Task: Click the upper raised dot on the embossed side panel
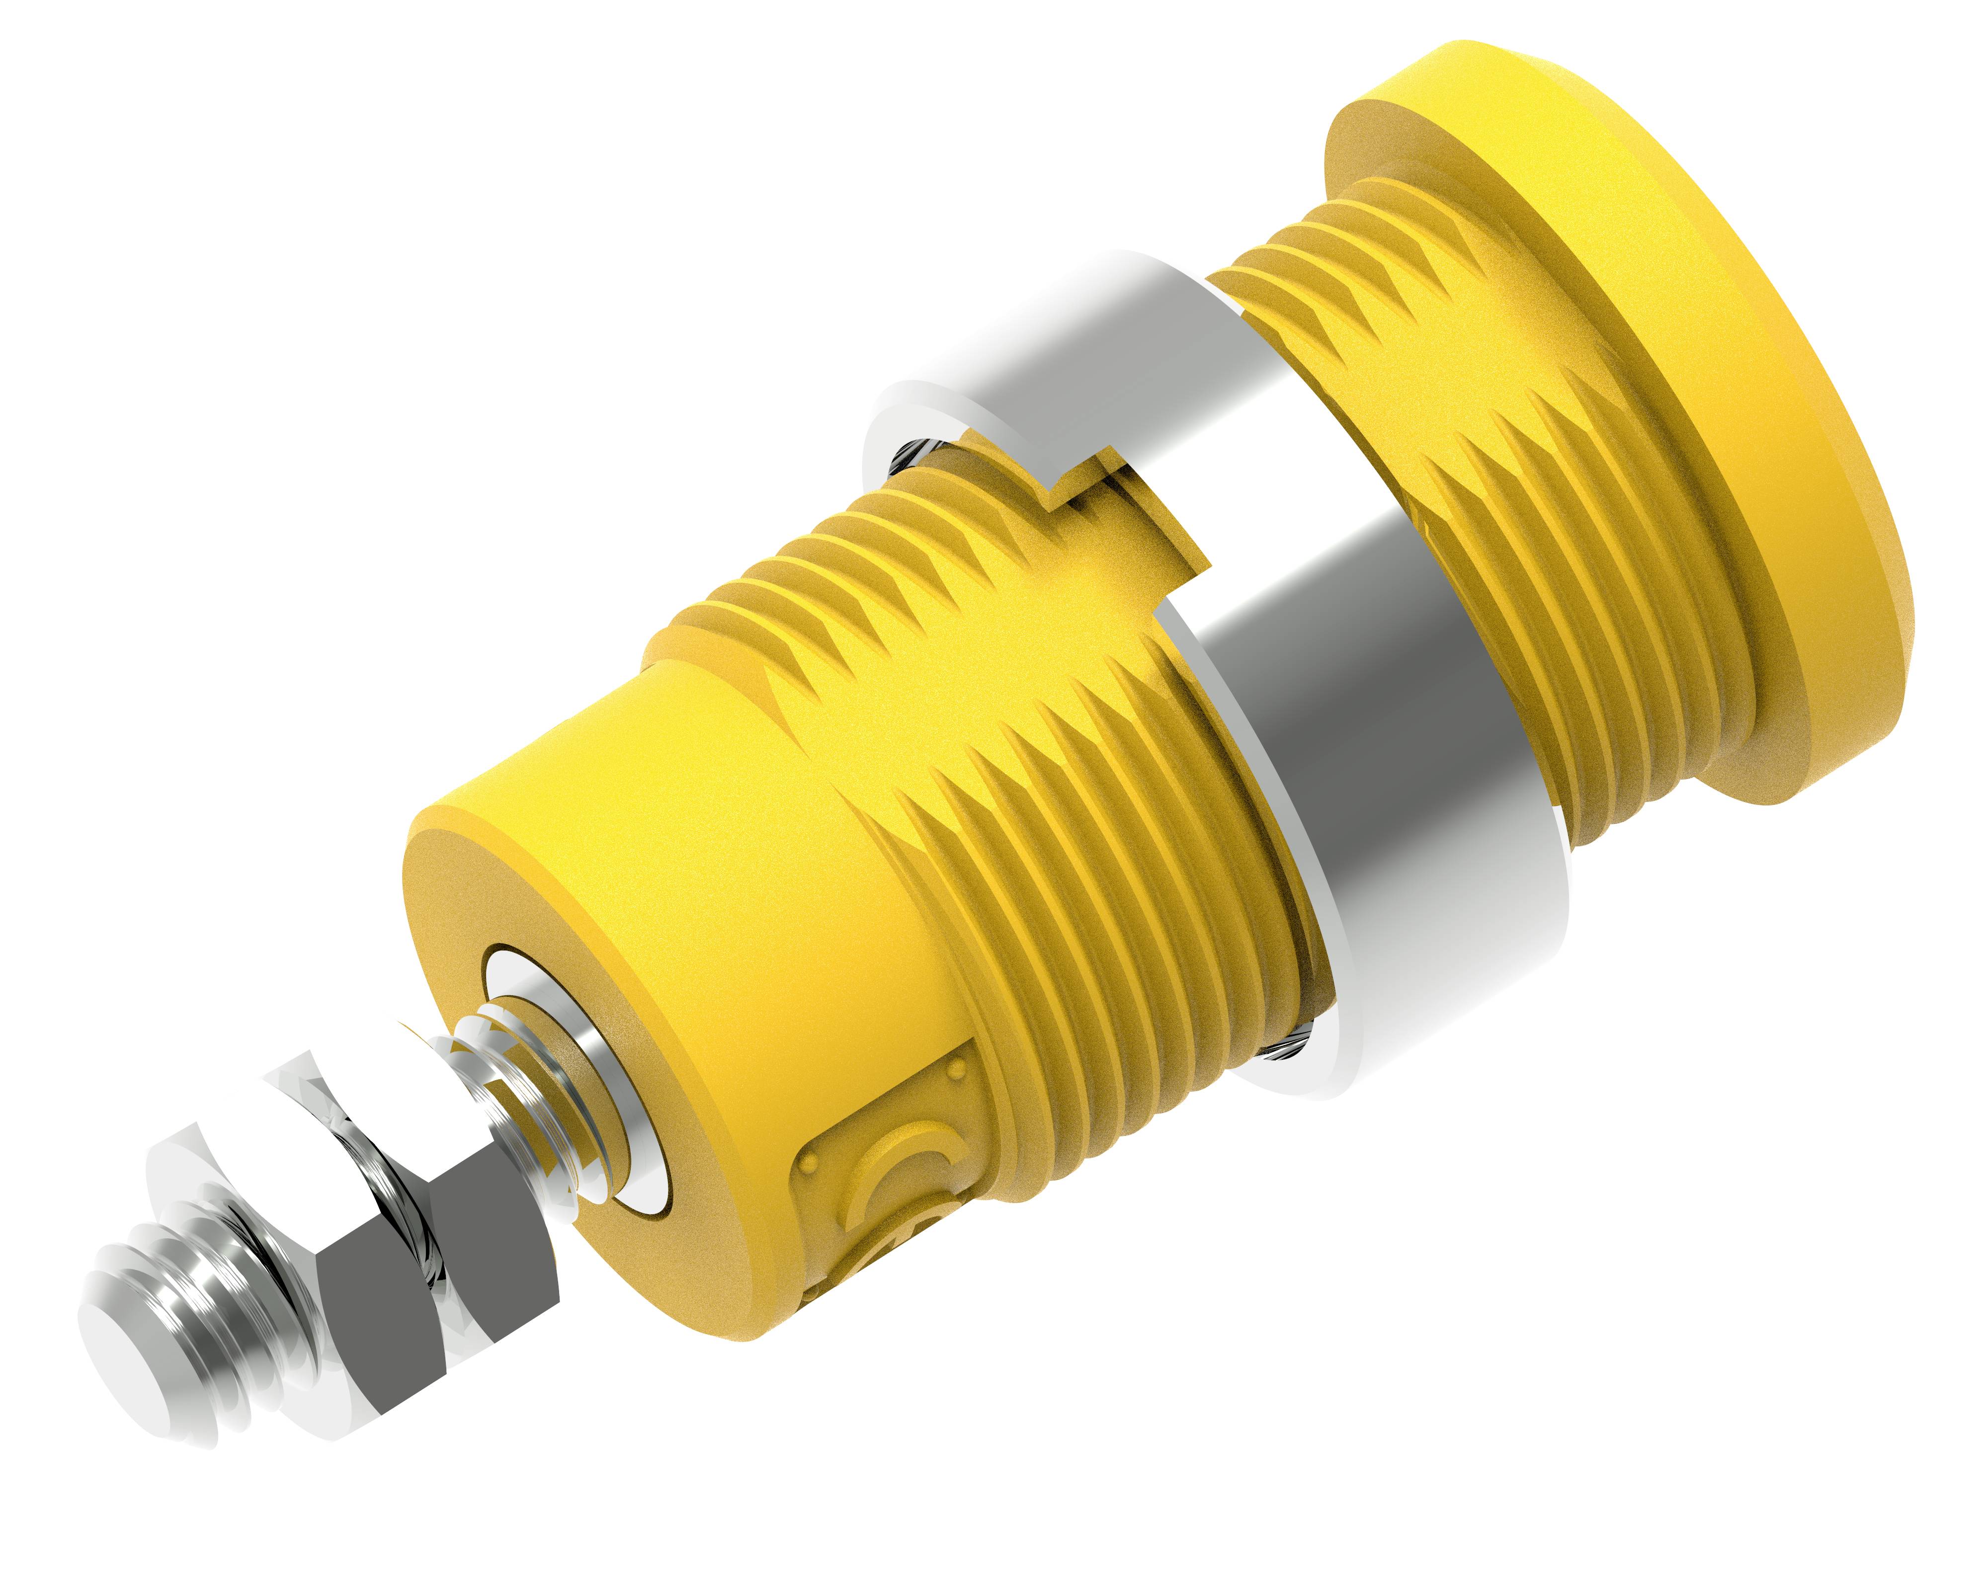point(959,1069)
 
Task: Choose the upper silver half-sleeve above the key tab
point(1106,369)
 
